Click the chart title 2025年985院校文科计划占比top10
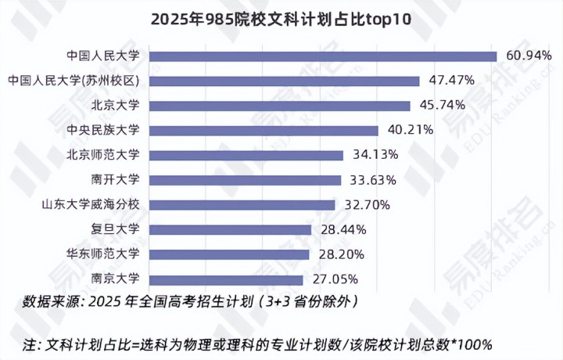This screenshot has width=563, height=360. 281,17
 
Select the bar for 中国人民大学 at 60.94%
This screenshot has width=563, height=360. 323,56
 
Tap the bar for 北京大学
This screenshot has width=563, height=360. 279,106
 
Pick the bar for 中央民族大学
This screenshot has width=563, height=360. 264,130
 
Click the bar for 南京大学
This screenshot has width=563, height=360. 225,279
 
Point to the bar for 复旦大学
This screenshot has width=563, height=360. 230,229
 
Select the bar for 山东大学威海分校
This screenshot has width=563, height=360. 242,205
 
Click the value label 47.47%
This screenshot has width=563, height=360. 450,81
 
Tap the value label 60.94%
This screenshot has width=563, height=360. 529,56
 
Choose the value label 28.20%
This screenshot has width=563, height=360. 339,254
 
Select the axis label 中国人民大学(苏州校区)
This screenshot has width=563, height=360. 73,81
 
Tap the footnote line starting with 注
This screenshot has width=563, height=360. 257,344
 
